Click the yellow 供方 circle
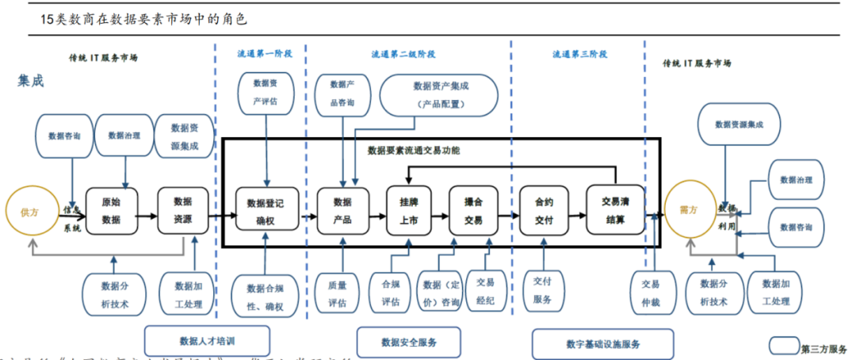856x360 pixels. point(29,212)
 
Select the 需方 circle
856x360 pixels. point(688,209)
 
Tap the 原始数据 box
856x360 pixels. point(112,211)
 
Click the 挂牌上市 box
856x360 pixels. point(409,211)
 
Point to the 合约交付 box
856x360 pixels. point(545,211)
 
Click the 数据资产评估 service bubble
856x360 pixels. point(266,91)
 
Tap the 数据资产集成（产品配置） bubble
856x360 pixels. point(438,94)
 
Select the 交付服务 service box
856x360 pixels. point(543,291)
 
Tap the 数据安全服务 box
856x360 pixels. point(409,342)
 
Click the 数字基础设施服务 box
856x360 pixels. point(603,343)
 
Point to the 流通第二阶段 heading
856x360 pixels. point(403,55)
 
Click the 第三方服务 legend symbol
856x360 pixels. point(784,345)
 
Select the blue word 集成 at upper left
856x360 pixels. point(31,81)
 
